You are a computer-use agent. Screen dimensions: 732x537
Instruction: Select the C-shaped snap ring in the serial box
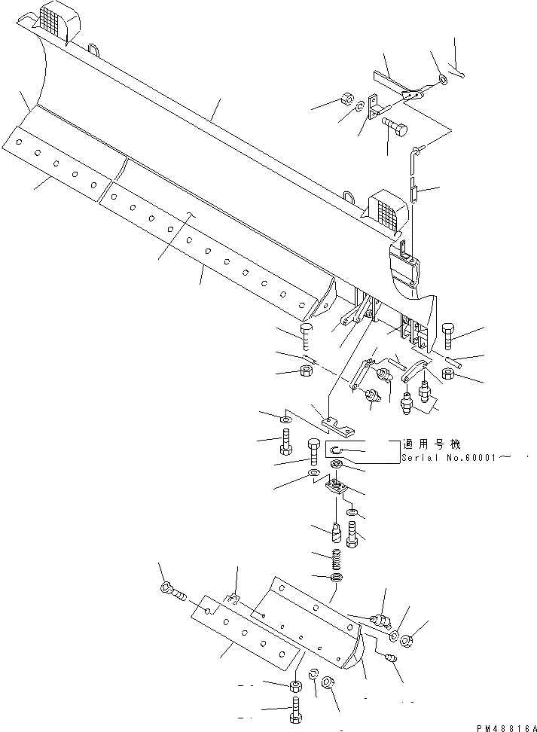(x=337, y=450)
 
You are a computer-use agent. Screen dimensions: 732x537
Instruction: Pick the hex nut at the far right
(x=449, y=374)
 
